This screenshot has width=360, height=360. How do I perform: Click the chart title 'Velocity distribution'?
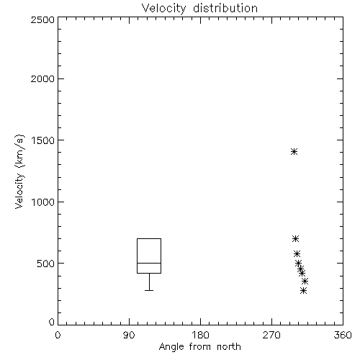point(199,8)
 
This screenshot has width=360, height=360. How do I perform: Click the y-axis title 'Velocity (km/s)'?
point(19,172)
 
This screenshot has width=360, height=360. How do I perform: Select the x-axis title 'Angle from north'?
point(199,347)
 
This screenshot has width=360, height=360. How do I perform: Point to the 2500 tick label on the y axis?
point(42,19)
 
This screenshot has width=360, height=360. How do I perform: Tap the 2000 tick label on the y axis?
point(42,78)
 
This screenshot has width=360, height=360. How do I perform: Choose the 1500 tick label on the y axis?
point(43,140)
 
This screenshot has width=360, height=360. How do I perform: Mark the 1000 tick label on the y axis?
point(43,202)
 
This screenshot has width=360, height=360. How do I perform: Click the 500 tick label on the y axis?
point(46,264)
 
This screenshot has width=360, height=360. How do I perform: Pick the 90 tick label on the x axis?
point(129,335)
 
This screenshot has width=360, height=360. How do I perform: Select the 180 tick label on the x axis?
point(200,335)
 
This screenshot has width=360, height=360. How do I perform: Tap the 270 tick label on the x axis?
point(271,335)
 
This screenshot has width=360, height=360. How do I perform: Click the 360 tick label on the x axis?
point(343,335)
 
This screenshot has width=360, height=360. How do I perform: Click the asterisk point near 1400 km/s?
point(294,152)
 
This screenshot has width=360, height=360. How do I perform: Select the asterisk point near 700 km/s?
point(296,238)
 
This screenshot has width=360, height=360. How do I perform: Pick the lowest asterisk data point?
point(304,291)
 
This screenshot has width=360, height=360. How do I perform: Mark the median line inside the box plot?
point(149,263)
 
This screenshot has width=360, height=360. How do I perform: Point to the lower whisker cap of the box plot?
point(149,290)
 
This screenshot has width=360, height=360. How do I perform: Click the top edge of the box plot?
point(149,238)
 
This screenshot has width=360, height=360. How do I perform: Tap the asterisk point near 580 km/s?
point(297,253)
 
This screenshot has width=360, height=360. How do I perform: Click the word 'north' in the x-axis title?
point(229,347)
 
